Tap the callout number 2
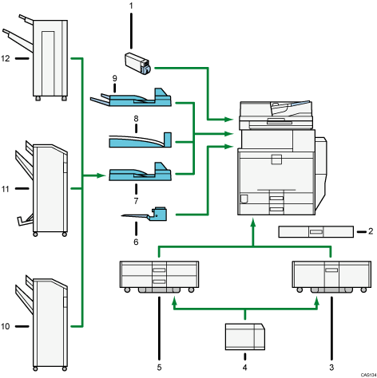(x=369, y=232)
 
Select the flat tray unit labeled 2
(x=316, y=232)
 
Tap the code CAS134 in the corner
(x=364, y=373)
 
